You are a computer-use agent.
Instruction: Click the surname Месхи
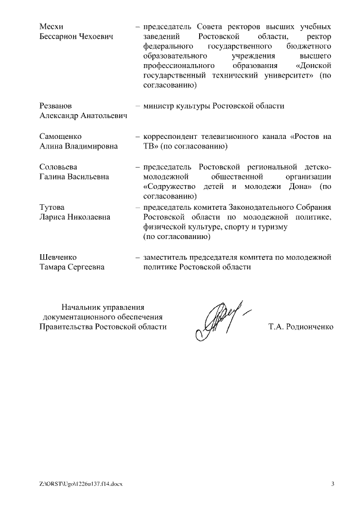pos(51,26)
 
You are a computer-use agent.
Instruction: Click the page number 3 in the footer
pos(332,484)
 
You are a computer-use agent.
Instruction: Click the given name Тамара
pos(55,268)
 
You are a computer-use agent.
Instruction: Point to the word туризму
pos(272,227)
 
